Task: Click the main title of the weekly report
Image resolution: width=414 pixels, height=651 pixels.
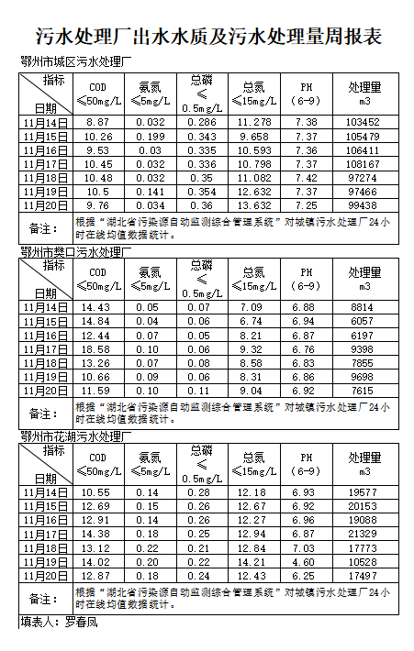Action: click(207, 38)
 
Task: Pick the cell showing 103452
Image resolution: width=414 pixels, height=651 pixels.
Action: click(364, 122)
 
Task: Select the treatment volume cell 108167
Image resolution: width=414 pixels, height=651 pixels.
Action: click(364, 163)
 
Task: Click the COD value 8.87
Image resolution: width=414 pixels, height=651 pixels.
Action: click(98, 122)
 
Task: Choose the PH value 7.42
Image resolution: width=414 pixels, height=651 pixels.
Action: click(307, 178)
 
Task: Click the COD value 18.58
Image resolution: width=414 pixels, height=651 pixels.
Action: click(98, 350)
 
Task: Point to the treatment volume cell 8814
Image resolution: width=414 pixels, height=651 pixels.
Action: click(364, 308)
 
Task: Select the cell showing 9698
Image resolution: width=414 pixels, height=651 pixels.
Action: click(364, 378)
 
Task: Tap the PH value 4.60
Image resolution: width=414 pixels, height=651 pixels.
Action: click(307, 561)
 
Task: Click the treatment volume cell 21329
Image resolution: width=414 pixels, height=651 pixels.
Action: click(364, 534)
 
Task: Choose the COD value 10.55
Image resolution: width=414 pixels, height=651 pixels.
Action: click(98, 492)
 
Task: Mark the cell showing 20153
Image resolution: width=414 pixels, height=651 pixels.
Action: click(364, 506)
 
